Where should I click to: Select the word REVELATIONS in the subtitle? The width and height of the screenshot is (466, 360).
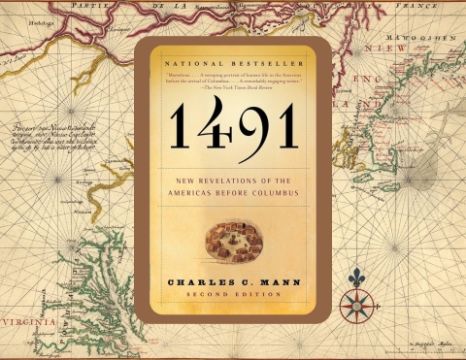(220, 176)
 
